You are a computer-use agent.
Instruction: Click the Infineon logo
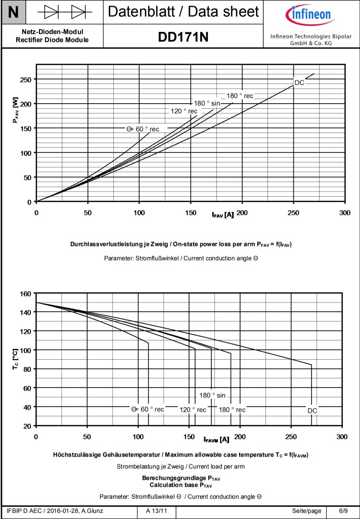pyautogui.click(x=310, y=15)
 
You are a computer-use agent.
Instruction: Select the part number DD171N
pyautogui.click(x=183, y=37)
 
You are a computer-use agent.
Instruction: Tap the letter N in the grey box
pyautogui.click(x=14, y=12)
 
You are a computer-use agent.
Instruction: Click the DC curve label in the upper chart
pyautogui.click(x=299, y=82)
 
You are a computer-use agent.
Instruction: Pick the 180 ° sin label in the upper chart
pyautogui.click(x=207, y=103)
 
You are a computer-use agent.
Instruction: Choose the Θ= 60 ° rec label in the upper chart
pyautogui.click(x=143, y=129)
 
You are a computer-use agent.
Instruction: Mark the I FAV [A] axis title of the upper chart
pyautogui.click(x=222, y=214)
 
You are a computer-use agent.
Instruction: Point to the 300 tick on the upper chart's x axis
pyautogui.click(x=345, y=213)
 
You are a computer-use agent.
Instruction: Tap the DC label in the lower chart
pyautogui.click(x=312, y=411)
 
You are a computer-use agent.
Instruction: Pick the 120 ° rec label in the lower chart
pyautogui.click(x=193, y=410)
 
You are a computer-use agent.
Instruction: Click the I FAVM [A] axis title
pyautogui.click(x=216, y=439)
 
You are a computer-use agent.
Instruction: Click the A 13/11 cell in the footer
pyautogui.click(x=156, y=511)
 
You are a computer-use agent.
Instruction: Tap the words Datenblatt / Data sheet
pyautogui.click(x=184, y=12)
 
